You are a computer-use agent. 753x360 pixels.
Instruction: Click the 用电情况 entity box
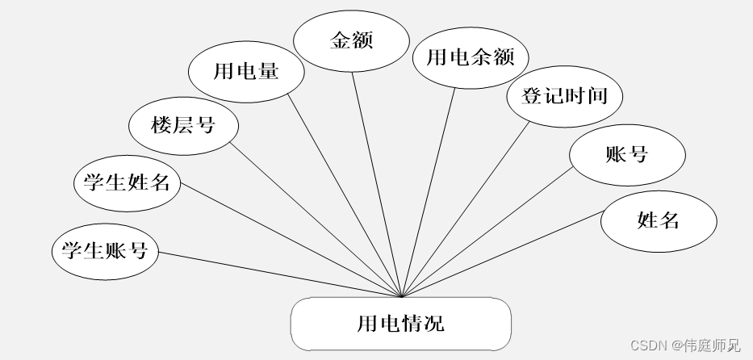[x=400, y=324]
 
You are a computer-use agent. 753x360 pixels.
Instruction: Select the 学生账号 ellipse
[x=105, y=250]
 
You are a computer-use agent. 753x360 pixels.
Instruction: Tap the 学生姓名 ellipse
[x=127, y=182]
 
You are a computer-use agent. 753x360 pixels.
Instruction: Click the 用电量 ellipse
[x=246, y=71]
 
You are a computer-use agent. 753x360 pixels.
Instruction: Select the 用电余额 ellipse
[x=471, y=57]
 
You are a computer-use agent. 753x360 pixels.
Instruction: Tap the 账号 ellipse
[x=626, y=154]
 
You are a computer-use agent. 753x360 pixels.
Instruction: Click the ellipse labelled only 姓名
[x=658, y=220]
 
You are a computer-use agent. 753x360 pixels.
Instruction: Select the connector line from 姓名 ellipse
[x=500, y=253]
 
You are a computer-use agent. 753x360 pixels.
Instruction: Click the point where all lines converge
[x=401, y=296]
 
